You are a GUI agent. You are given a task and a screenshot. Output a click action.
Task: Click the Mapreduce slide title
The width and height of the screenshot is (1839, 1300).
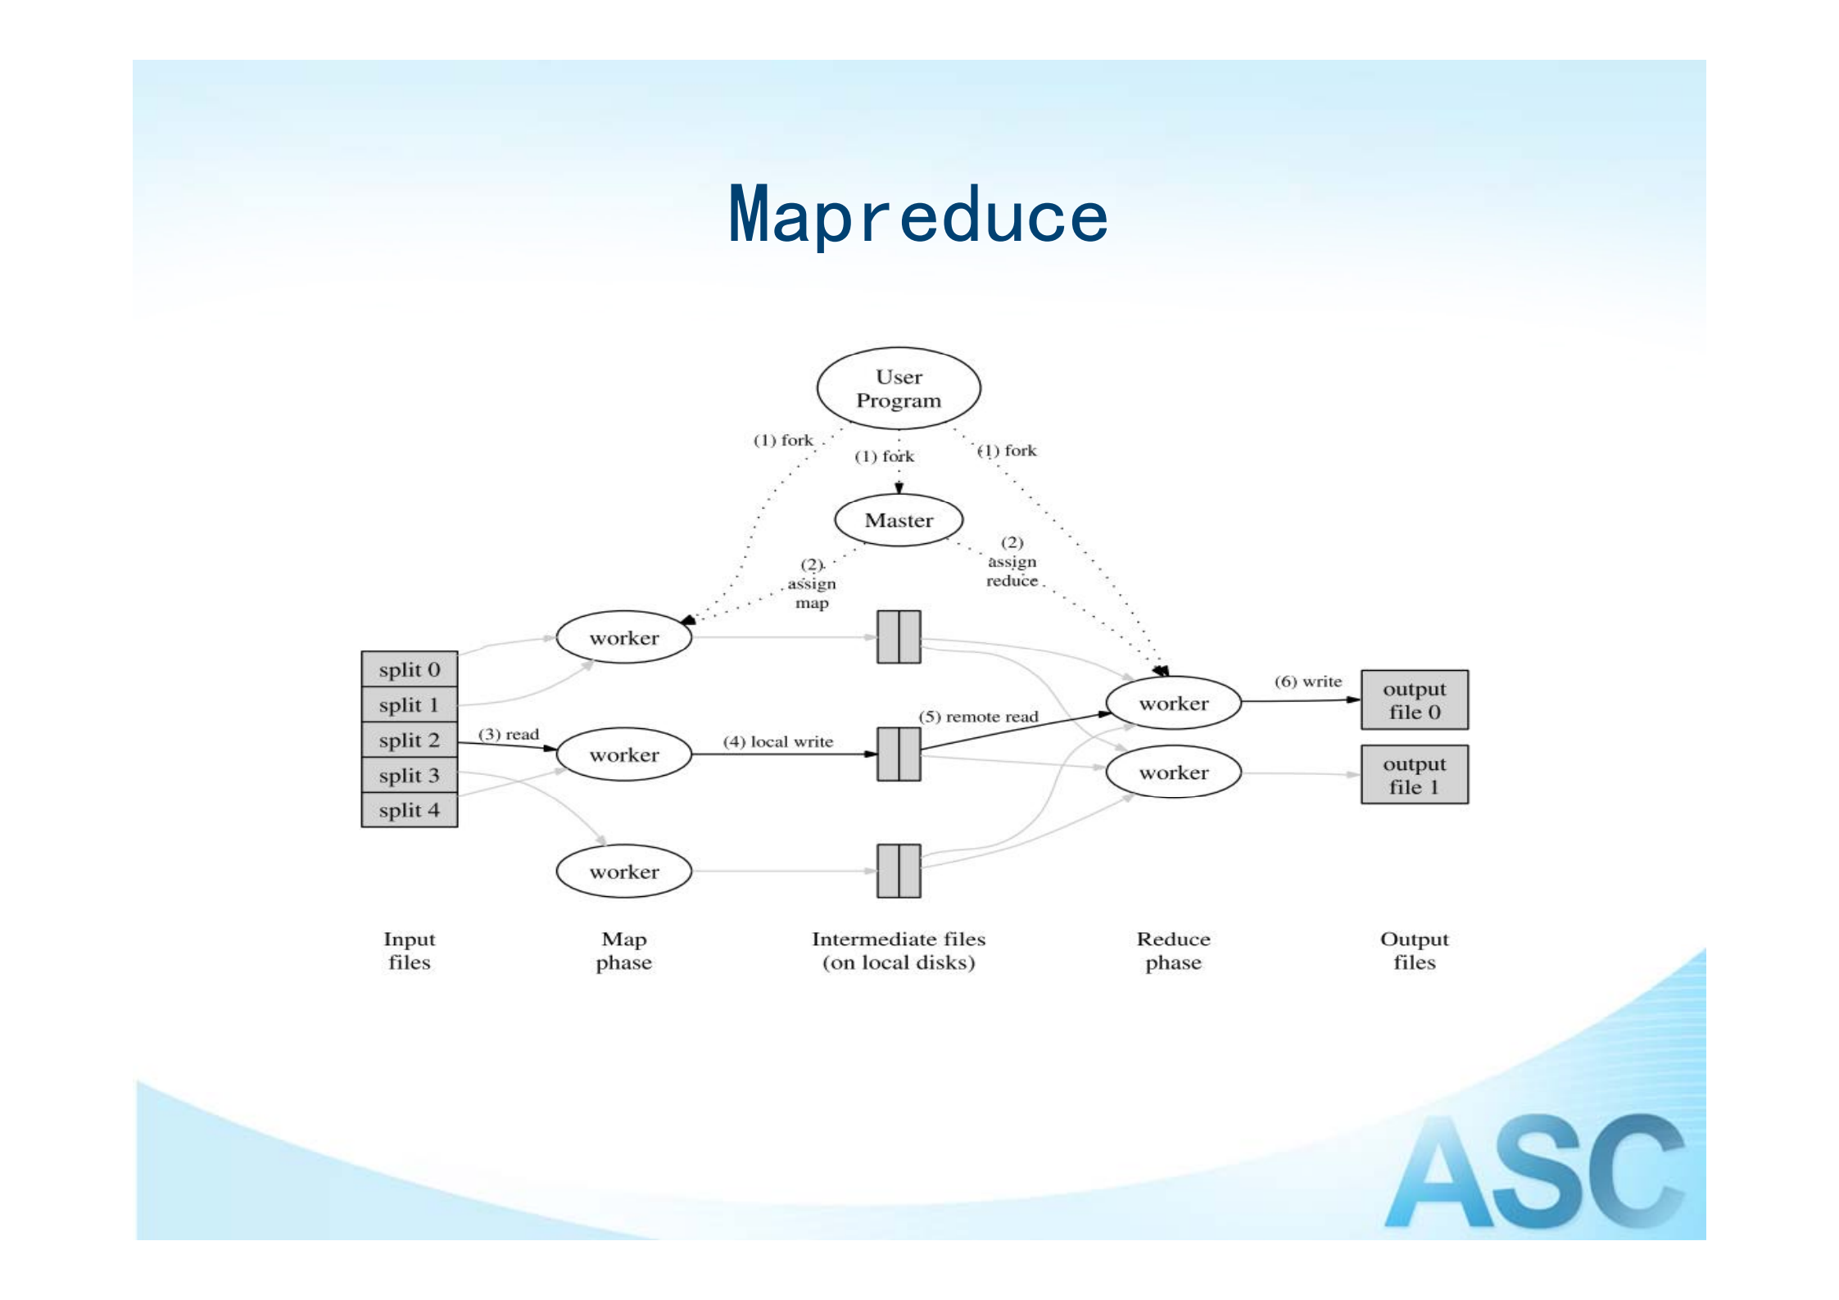click(x=917, y=215)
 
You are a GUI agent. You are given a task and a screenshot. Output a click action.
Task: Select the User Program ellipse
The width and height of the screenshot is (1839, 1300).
click(x=899, y=388)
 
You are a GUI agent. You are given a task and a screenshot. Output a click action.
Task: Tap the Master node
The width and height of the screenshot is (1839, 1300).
click(x=899, y=520)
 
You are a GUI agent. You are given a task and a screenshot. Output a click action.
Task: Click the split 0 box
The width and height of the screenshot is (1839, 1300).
click(x=409, y=669)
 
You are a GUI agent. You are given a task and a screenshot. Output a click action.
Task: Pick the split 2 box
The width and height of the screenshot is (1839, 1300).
click(x=409, y=740)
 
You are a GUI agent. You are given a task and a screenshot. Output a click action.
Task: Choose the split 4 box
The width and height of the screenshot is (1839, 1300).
click(x=409, y=810)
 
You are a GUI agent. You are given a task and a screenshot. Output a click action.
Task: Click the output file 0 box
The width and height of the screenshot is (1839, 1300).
click(x=1414, y=700)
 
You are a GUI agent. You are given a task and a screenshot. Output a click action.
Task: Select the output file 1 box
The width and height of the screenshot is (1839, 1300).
click(x=1414, y=775)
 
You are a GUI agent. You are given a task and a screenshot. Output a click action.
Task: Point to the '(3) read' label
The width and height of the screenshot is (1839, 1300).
click(x=509, y=734)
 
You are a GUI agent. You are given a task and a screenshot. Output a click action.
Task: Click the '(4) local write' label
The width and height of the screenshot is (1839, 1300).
click(x=777, y=741)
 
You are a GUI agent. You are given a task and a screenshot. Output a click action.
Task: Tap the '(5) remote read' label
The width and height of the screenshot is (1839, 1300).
click(x=978, y=717)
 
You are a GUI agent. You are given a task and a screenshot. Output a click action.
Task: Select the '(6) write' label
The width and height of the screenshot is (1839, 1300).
click(x=1308, y=682)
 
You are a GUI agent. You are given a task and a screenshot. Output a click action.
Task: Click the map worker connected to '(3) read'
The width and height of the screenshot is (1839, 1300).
click(x=624, y=754)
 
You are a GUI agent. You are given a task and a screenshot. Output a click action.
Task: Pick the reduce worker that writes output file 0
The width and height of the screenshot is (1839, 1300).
click(x=1173, y=703)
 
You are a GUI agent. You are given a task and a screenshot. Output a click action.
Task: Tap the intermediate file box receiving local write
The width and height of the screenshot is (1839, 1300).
click(x=899, y=754)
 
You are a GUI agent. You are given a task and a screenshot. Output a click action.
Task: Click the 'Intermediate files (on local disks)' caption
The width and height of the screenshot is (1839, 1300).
click(x=899, y=950)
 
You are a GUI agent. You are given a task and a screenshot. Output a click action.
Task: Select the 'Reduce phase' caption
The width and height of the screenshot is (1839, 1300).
click(x=1173, y=950)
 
